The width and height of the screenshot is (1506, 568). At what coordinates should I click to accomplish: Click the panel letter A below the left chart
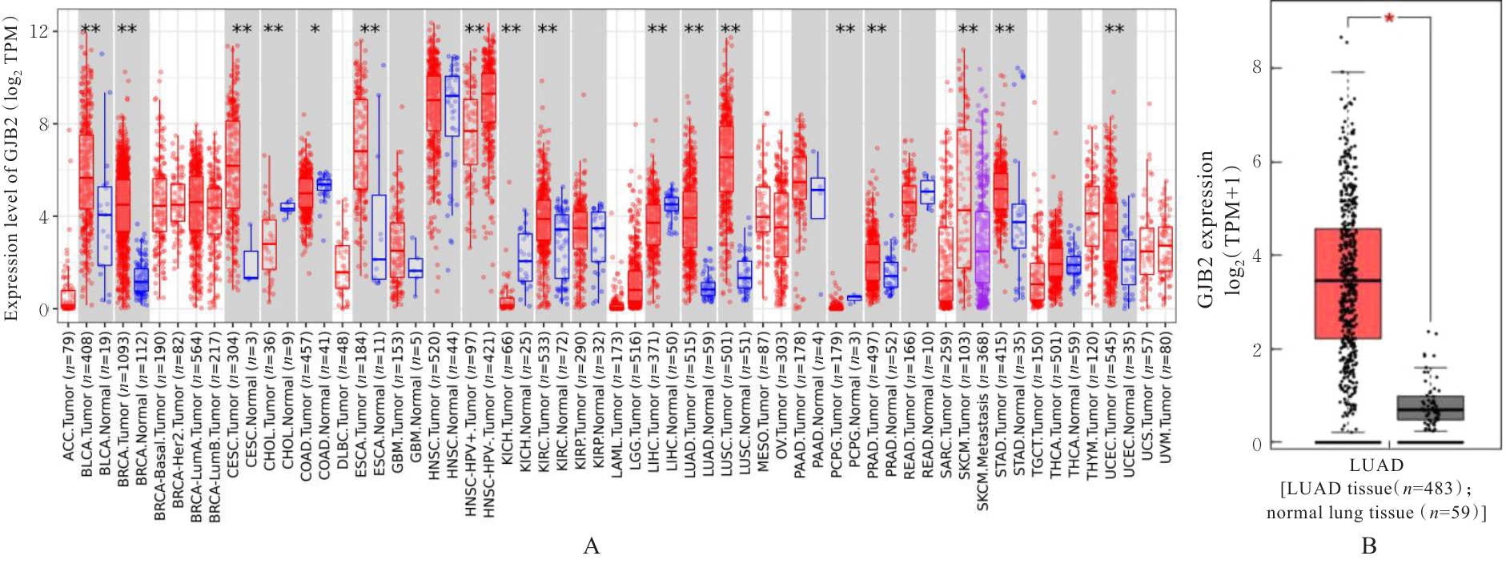591,546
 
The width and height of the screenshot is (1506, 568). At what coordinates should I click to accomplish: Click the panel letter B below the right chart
1368,546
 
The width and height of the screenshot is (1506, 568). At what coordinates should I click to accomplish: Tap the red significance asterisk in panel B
1389,18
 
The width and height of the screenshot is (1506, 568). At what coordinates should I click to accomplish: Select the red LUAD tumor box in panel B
1347,284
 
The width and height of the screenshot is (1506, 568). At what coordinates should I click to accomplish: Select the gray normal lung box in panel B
1430,408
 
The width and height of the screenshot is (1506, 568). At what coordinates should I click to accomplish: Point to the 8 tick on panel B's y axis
1256,67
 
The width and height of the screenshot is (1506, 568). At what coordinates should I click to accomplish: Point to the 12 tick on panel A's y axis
38,31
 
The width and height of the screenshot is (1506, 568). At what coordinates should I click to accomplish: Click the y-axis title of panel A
11,172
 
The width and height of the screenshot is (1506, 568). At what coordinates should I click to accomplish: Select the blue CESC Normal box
251,265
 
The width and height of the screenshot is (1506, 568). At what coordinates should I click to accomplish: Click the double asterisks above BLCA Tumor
90,30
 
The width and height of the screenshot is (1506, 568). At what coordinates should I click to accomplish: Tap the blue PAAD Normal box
817,198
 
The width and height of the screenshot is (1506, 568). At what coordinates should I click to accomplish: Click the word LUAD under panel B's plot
1375,465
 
